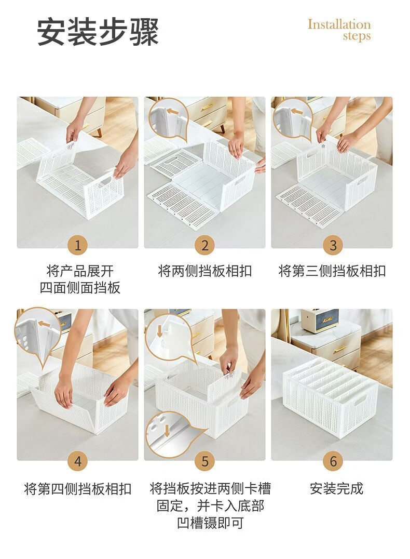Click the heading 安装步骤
coord(98,32)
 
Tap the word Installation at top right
coord(339,24)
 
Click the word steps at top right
coord(357,36)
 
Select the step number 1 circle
coord(78,245)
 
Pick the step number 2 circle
coord(205,245)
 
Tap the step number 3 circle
coord(333,245)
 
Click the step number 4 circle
coord(78,461)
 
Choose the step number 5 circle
coord(205,461)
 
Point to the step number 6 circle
coord(333,461)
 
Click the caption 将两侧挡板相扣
coord(205,271)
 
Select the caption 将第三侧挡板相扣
coord(332,271)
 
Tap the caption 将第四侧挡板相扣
coord(78,489)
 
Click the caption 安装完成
coord(336,489)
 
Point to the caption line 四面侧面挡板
coord(80,288)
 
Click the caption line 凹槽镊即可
coord(210,523)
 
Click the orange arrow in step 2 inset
coord(173,111)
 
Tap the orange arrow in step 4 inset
coord(44,324)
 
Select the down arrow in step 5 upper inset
coord(159,331)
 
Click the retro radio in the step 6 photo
coord(319,321)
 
